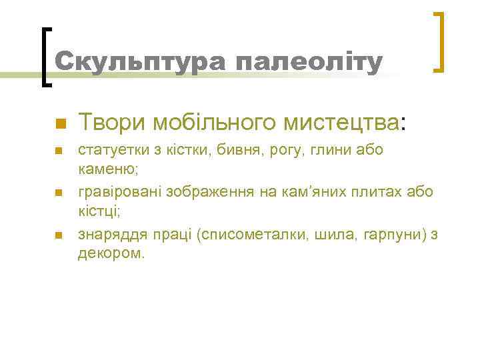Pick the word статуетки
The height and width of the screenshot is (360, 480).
111,149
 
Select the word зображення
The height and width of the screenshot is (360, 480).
208,192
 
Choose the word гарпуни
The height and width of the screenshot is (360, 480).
385,235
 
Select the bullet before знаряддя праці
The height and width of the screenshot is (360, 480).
59,235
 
